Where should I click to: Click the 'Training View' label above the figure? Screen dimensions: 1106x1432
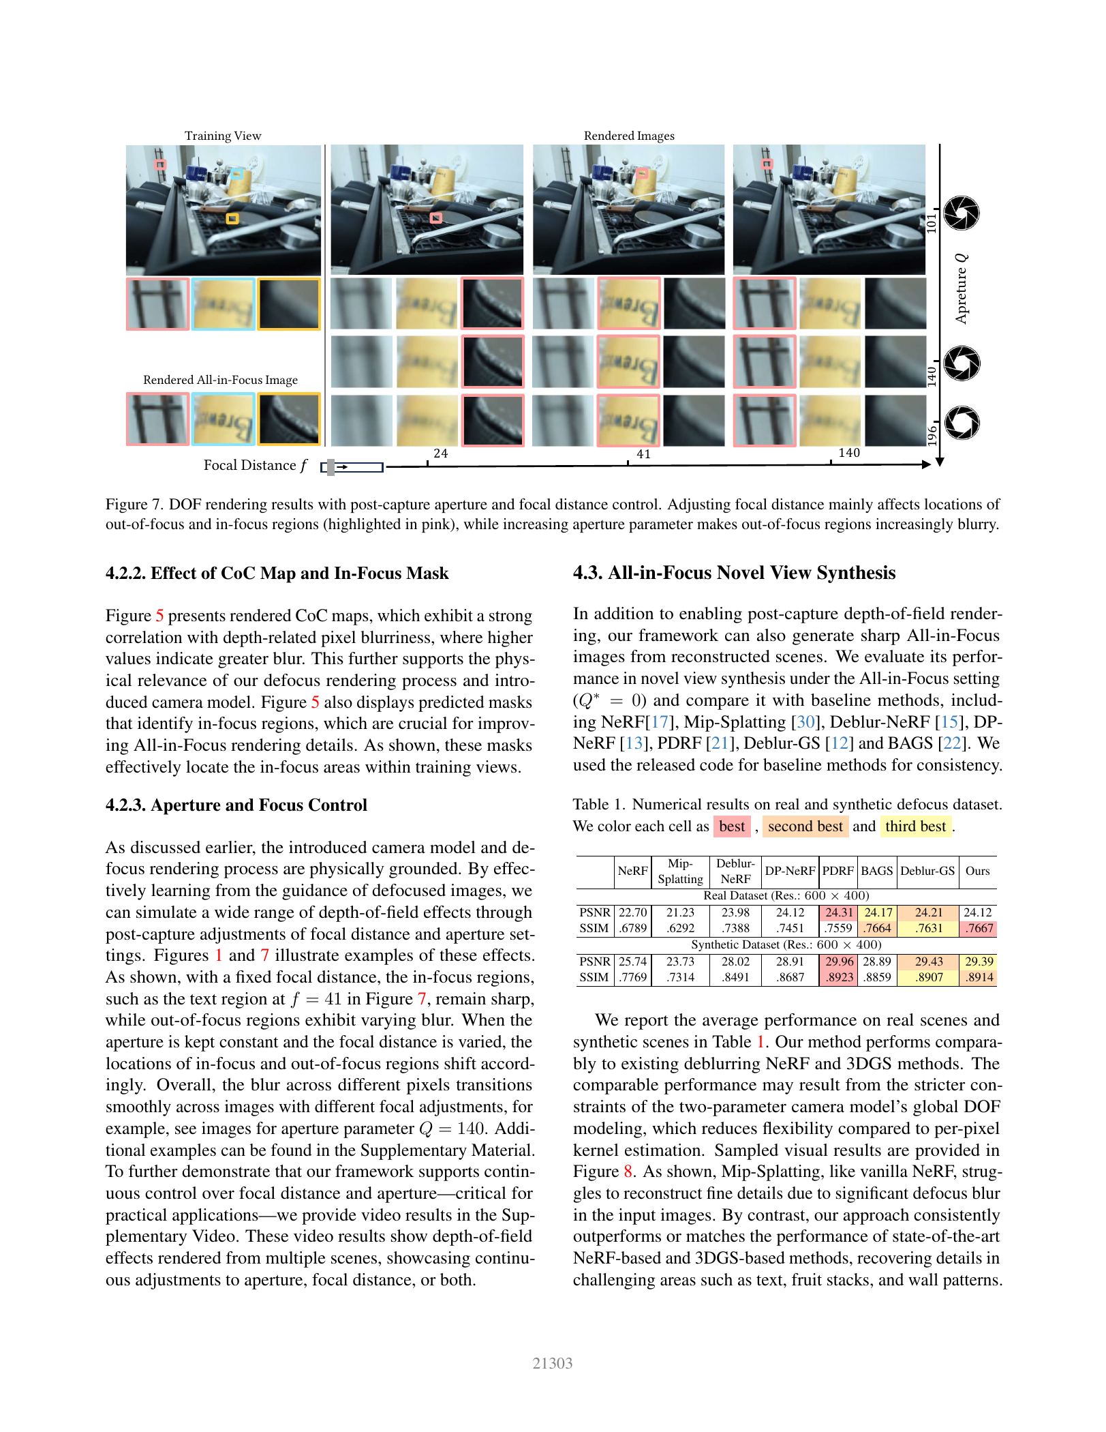[223, 136]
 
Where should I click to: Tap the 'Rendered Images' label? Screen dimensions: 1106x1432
[629, 136]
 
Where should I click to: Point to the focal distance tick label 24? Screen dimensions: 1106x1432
[441, 453]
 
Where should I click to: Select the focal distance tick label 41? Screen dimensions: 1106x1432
[643, 454]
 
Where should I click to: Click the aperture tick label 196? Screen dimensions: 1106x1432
[932, 435]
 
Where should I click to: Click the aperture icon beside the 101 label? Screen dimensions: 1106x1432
[962, 213]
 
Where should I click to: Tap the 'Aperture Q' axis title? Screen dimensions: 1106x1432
[961, 288]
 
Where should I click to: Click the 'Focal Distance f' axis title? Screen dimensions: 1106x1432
[256, 466]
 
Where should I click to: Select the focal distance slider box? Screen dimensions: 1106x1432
[352, 467]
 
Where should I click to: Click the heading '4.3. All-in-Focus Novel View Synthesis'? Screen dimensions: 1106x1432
[734, 573]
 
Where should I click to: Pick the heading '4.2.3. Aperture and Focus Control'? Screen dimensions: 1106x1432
[236, 805]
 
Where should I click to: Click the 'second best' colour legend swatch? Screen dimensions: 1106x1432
[805, 826]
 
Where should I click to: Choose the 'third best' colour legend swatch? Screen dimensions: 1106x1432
[916, 826]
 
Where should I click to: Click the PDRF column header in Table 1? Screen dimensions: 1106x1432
[838, 871]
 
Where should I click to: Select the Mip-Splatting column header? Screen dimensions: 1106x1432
[680, 871]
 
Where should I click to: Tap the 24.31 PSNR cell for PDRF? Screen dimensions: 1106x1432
[839, 912]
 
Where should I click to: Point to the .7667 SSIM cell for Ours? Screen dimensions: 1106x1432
[979, 928]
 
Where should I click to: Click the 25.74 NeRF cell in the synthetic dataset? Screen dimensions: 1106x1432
[632, 961]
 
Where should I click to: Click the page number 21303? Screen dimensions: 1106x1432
[553, 1364]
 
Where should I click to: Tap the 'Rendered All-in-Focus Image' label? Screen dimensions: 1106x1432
[220, 380]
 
